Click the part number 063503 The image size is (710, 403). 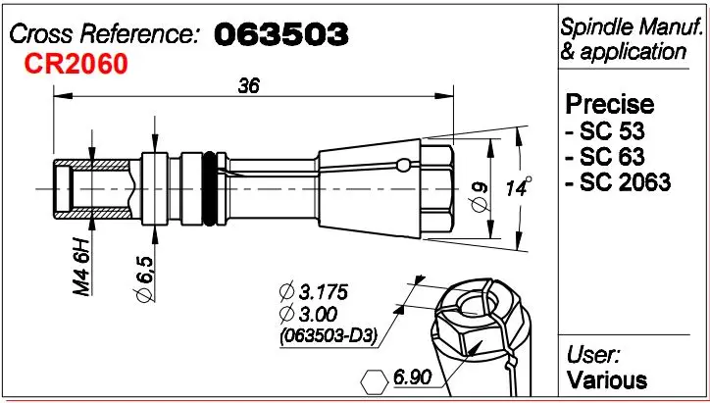[279, 34]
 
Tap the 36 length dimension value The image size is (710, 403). [249, 86]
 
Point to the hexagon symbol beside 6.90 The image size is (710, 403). [375, 378]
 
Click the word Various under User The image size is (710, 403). [607, 379]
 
